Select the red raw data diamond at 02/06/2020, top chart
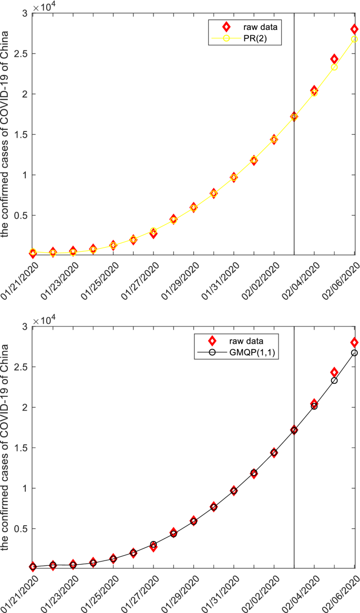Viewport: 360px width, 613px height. pos(355,29)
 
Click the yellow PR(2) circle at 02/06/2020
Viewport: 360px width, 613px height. pos(354,39)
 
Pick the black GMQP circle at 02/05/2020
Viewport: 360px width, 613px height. pos(334,380)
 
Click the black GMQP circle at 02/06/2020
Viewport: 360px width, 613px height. pos(354,353)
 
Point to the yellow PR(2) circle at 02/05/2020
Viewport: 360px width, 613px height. pos(334,67)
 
